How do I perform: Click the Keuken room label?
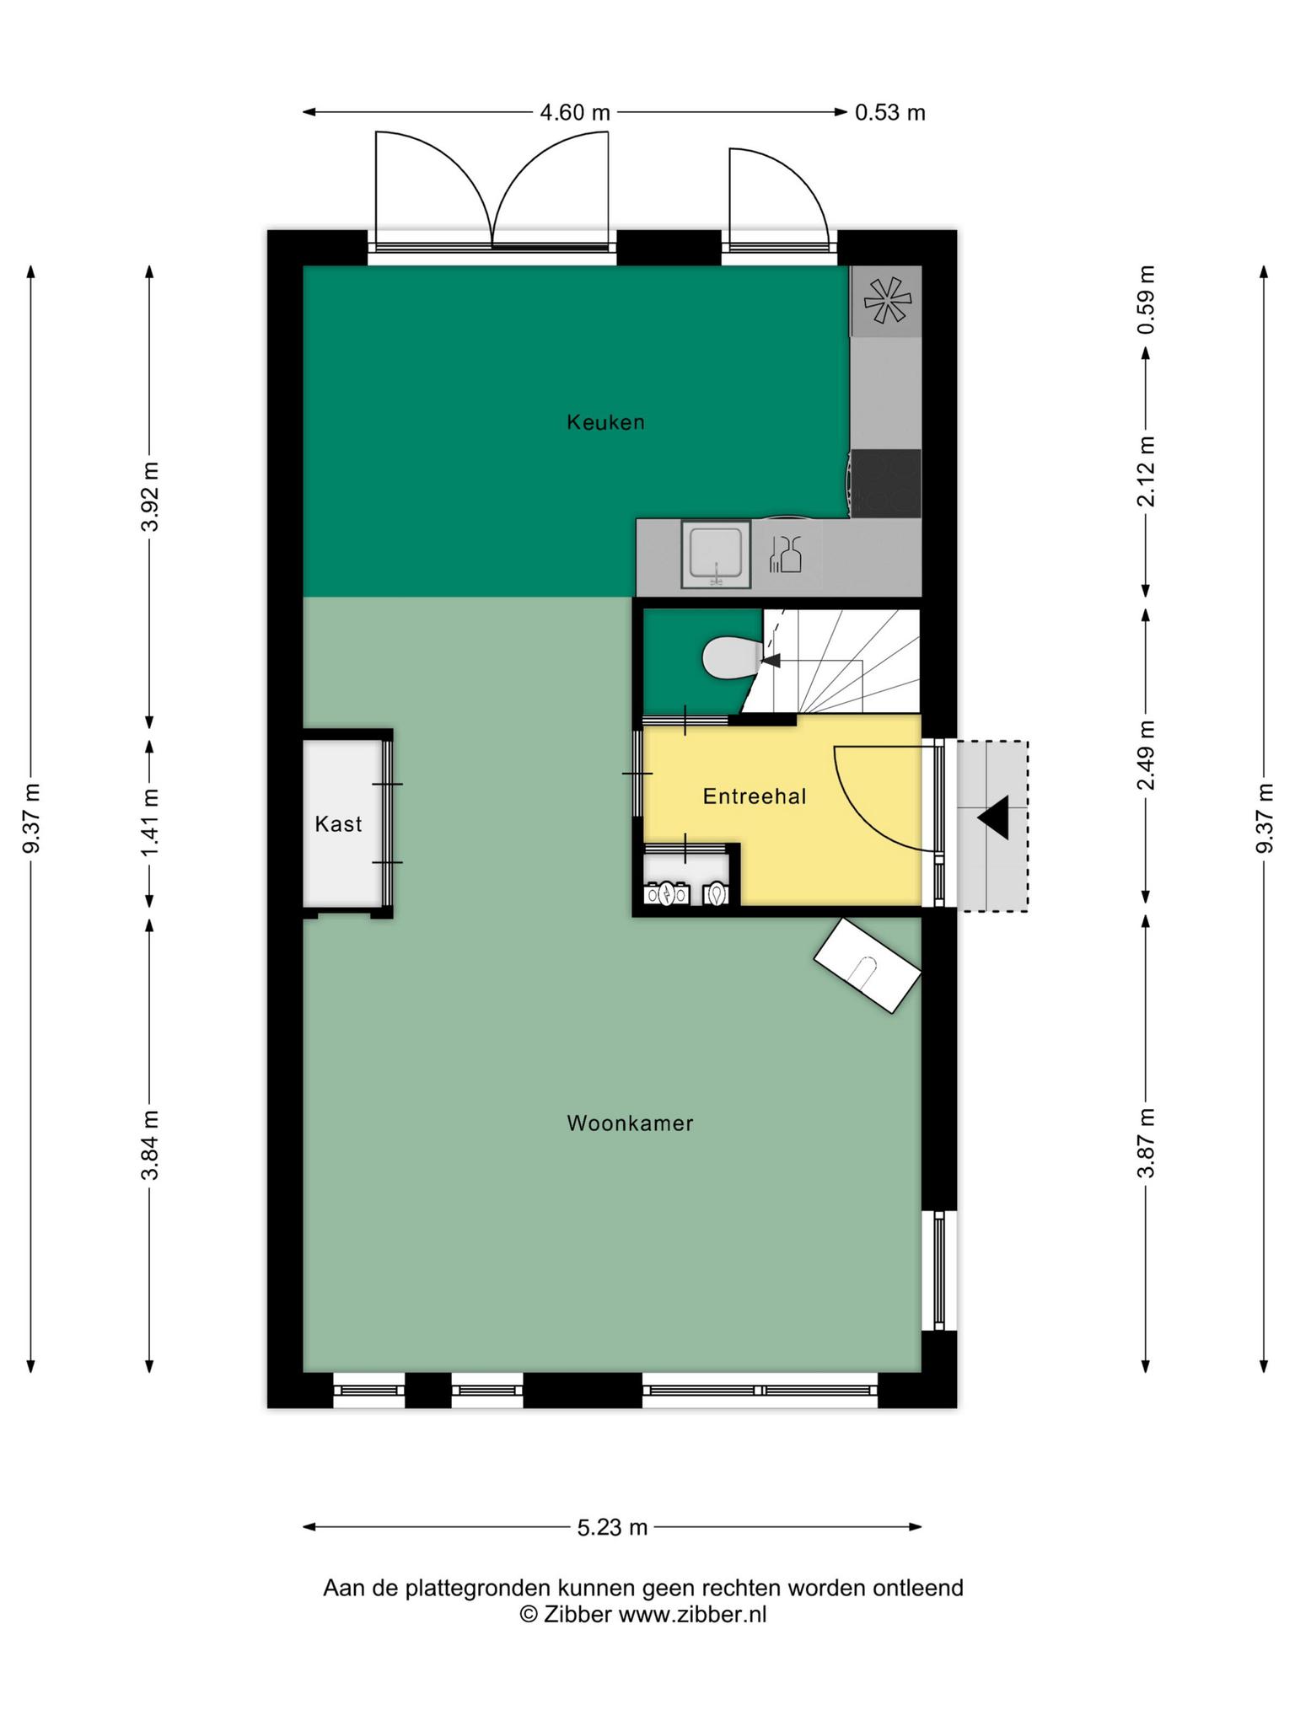tap(605, 422)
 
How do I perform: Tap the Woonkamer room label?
tap(630, 1123)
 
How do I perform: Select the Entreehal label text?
tap(755, 796)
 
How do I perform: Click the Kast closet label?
tap(338, 824)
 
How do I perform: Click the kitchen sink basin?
tap(716, 554)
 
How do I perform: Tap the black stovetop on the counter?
tap(885, 483)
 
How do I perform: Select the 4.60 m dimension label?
tap(575, 112)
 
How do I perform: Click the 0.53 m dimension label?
tap(890, 112)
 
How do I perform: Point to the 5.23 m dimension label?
tap(612, 1527)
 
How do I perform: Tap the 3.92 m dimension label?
tap(150, 496)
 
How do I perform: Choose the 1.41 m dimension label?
tap(150, 823)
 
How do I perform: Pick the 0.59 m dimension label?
tap(1146, 300)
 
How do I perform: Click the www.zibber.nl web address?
tap(692, 1615)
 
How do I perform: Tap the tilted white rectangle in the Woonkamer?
tap(868, 965)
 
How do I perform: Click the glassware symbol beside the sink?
tap(785, 555)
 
